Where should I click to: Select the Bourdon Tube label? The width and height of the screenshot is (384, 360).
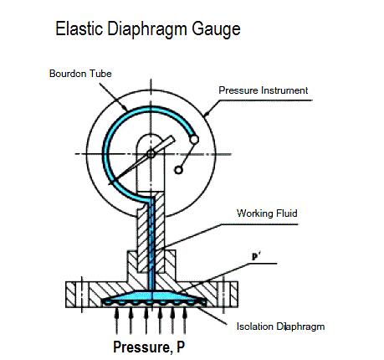point(80,74)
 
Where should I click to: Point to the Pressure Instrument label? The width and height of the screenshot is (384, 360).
point(263,90)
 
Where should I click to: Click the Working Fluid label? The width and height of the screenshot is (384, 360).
point(267,213)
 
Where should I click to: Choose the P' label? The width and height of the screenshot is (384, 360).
point(256,257)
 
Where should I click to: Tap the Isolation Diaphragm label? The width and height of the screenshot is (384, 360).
point(280,327)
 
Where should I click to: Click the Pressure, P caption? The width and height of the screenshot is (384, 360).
point(149,347)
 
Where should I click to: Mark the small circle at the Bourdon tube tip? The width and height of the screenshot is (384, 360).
point(194,139)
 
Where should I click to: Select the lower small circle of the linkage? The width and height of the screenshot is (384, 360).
point(178,170)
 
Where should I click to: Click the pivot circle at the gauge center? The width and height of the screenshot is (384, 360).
point(151,154)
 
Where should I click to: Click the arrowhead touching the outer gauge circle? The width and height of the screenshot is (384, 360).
point(207,113)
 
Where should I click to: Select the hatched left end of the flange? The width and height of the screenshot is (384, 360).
point(70,295)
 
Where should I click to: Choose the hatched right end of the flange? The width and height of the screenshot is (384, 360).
point(233,295)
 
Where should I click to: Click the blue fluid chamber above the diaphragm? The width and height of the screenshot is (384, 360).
point(154,296)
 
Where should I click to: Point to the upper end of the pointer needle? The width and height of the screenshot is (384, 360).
point(173,138)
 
